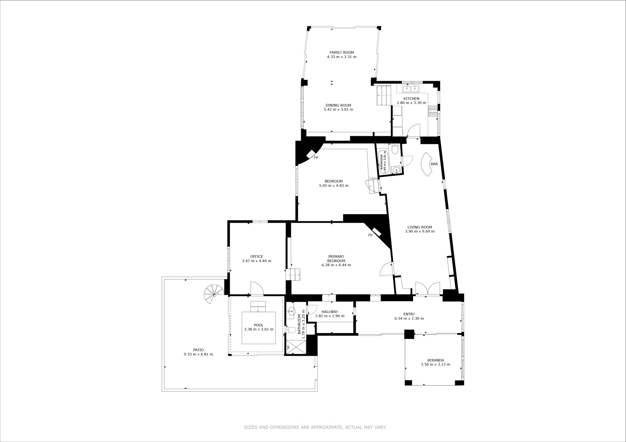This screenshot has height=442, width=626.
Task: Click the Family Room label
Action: click(x=341, y=52)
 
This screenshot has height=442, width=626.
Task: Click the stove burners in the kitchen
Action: click(x=433, y=111)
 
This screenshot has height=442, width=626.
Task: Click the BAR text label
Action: click(x=434, y=164)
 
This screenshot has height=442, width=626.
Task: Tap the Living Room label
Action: click(x=420, y=227)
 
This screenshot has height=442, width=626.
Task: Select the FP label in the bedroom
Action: click(x=316, y=158)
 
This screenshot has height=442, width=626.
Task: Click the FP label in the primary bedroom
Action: click(x=370, y=235)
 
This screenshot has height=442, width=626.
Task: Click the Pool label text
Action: click(x=258, y=325)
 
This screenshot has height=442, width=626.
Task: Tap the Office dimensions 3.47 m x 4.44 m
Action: click(x=256, y=261)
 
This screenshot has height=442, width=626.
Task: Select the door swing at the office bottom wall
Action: click(x=257, y=288)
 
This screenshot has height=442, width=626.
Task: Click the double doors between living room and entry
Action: click(x=427, y=289)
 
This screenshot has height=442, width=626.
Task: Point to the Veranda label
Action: click(x=435, y=360)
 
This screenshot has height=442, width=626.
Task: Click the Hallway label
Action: click(x=330, y=312)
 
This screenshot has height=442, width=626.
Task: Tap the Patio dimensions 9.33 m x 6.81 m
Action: click(x=198, y=354)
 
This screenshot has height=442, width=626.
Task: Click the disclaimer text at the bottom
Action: click(x=315, y=427)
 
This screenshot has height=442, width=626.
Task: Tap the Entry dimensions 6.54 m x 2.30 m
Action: click(x=409, y=319)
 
